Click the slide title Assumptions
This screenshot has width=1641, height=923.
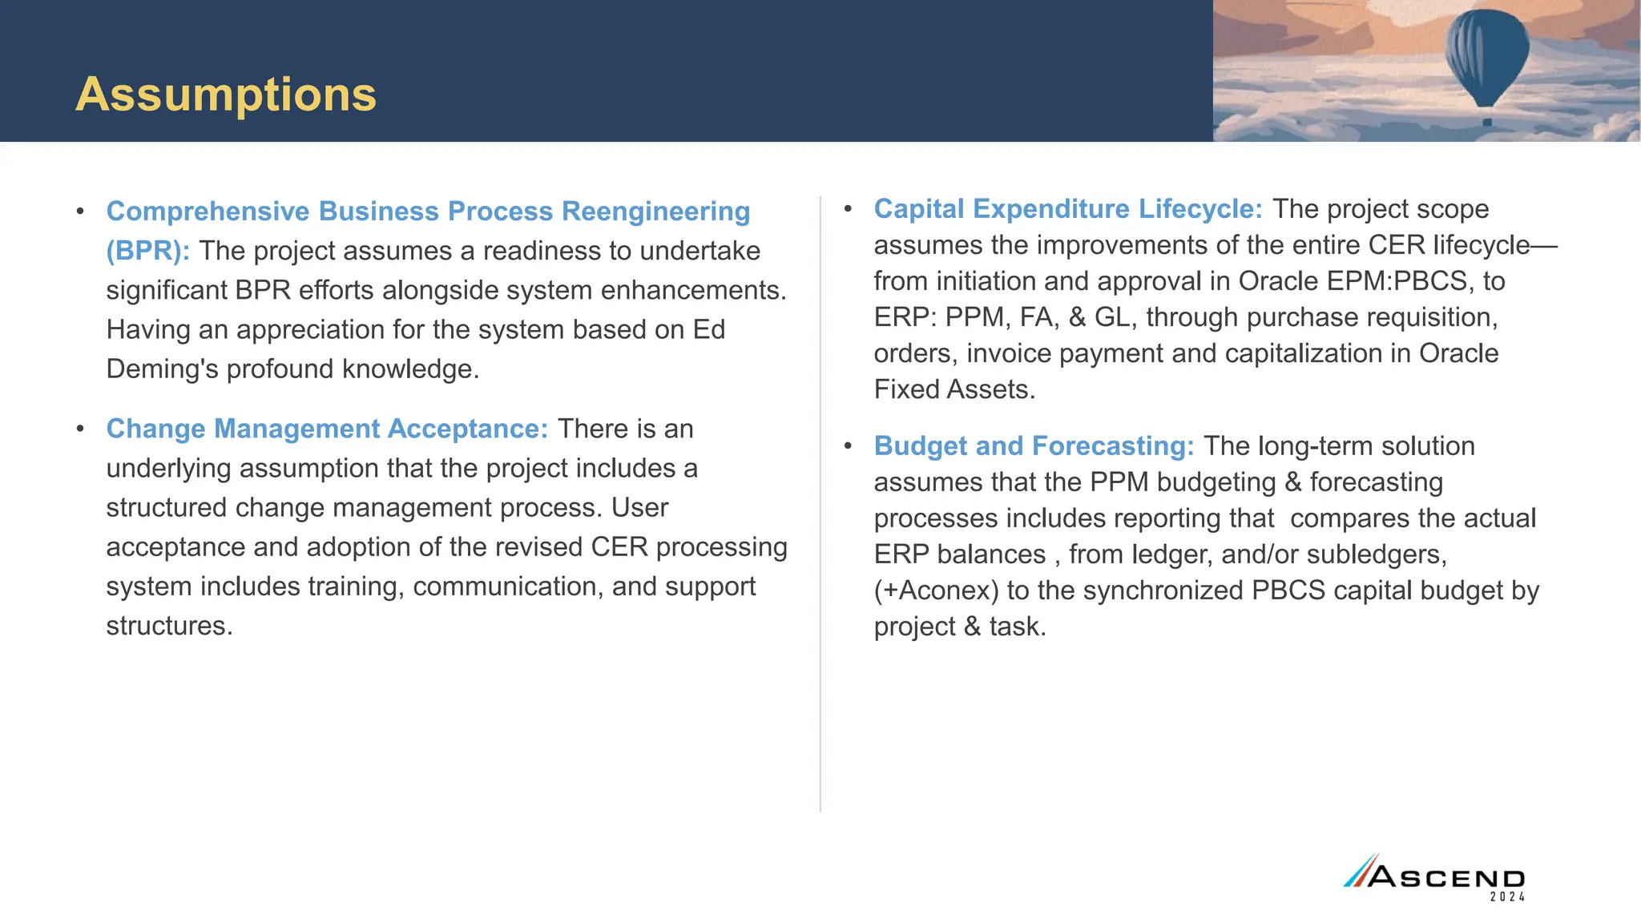click(226, 95)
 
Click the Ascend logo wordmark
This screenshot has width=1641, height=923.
click(1446, 877)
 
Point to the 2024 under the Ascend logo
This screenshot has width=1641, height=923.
click(1507, 897)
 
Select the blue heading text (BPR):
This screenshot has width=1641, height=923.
click(148, 251)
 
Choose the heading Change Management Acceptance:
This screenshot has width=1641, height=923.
click(327, 429)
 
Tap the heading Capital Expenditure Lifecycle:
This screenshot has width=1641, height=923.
click(1068, 209)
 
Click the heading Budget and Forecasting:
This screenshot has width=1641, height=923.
click(1034, 446)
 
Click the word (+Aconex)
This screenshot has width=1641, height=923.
click(936, 590)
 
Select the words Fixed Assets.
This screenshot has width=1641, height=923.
click(954, 389)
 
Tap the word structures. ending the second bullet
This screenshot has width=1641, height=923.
click(169, 626)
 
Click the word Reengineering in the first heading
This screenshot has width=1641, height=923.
click(655, 212)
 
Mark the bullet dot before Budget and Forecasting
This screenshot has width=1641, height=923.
click(848, 446)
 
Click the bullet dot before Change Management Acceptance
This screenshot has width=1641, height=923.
click(80, 429)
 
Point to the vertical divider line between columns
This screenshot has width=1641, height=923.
click(820, 505)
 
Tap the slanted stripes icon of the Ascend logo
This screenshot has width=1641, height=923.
click(1358, 872)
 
